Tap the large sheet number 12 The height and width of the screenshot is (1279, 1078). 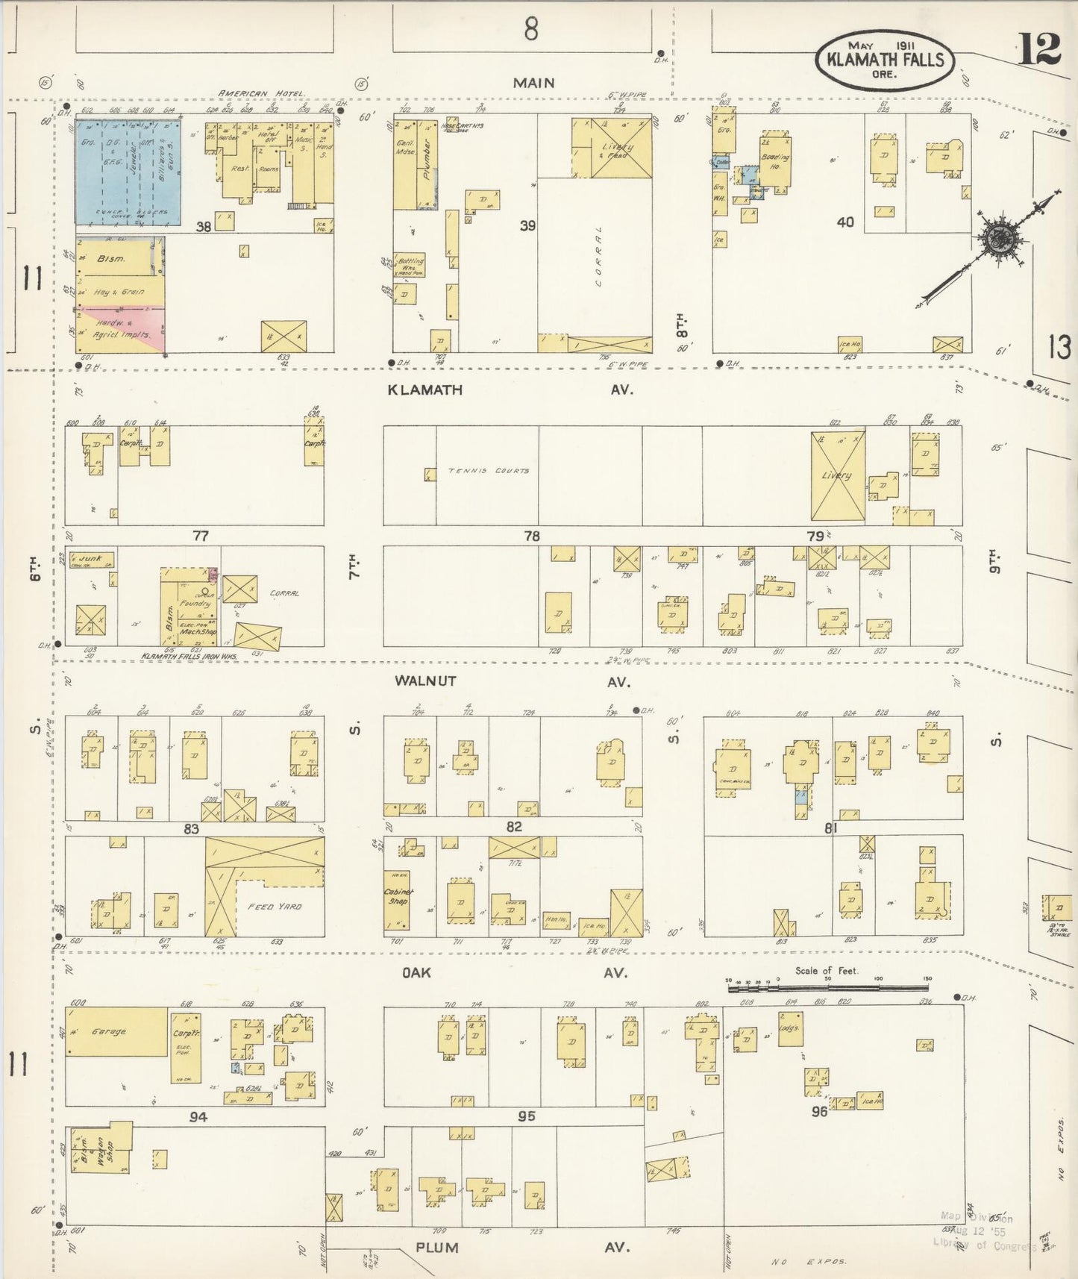click(x=1038, y=50)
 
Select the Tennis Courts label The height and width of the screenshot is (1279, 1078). click(x=489, y=471)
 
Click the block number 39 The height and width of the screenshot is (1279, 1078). click(x=527, y=225)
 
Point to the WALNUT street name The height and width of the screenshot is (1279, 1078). click(x=425, y=681)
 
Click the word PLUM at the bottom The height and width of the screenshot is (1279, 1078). click(x=437, y=1247)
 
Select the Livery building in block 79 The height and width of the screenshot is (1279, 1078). click(x=837, y=475)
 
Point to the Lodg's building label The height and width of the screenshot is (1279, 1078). click(x=790, y=1028)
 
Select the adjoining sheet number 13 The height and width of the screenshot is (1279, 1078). click(x=1059, y=348)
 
